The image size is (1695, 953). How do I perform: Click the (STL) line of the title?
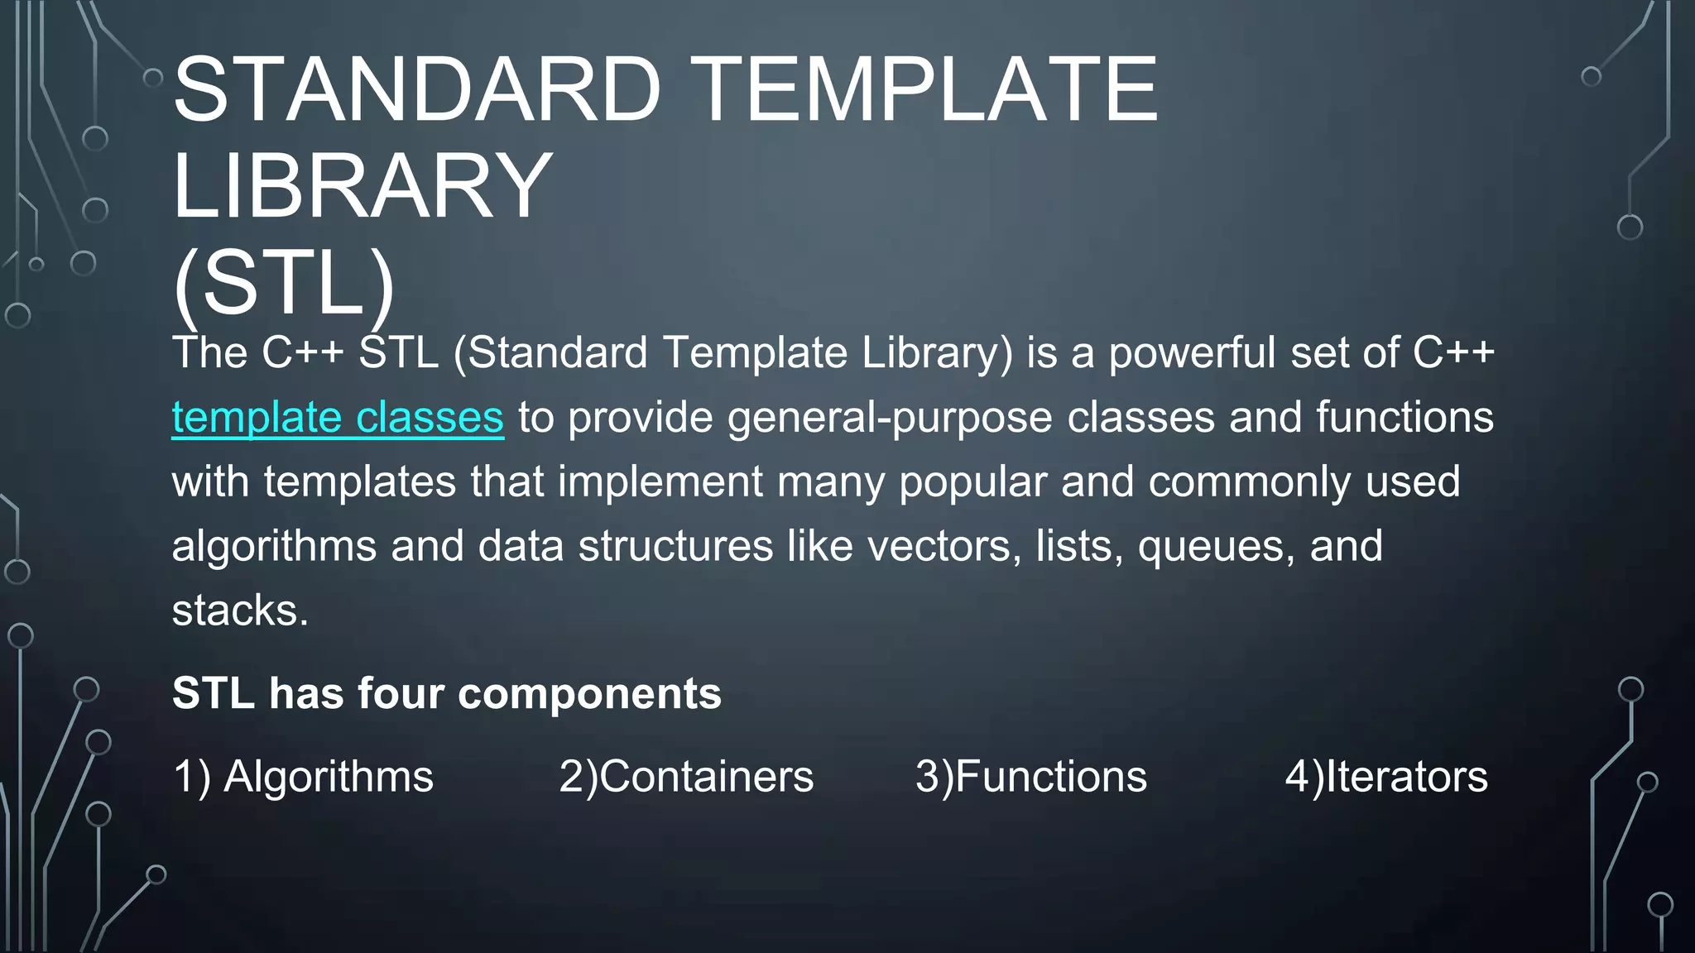[284, 283]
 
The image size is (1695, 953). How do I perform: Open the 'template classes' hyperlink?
[338, 417]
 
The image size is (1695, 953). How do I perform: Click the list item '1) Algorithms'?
[303, 777]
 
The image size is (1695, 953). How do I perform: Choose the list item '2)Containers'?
[686, 777]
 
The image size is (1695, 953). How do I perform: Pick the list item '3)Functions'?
[1031, 777]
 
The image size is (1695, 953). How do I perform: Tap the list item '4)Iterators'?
[1386, 777]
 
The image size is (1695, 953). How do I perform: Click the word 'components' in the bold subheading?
[589, 693]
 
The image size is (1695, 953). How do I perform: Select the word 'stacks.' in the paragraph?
[240, 611]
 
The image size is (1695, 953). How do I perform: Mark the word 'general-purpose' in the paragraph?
[890, 417]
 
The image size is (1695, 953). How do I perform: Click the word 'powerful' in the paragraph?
[1192, 353]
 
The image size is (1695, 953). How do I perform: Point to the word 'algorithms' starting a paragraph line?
[274, 546]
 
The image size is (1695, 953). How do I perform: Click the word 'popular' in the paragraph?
[972, 482]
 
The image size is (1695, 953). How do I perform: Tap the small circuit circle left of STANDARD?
[153, 78]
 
